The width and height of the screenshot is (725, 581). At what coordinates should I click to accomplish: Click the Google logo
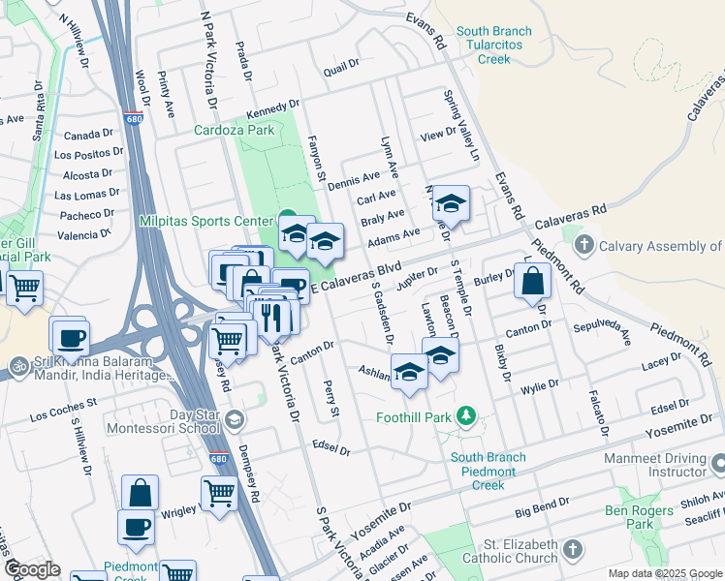pyautogui.click(x=32, y=568)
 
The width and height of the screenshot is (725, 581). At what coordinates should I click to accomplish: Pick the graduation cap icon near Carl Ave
pyautogui.click(x=451, y=203)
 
